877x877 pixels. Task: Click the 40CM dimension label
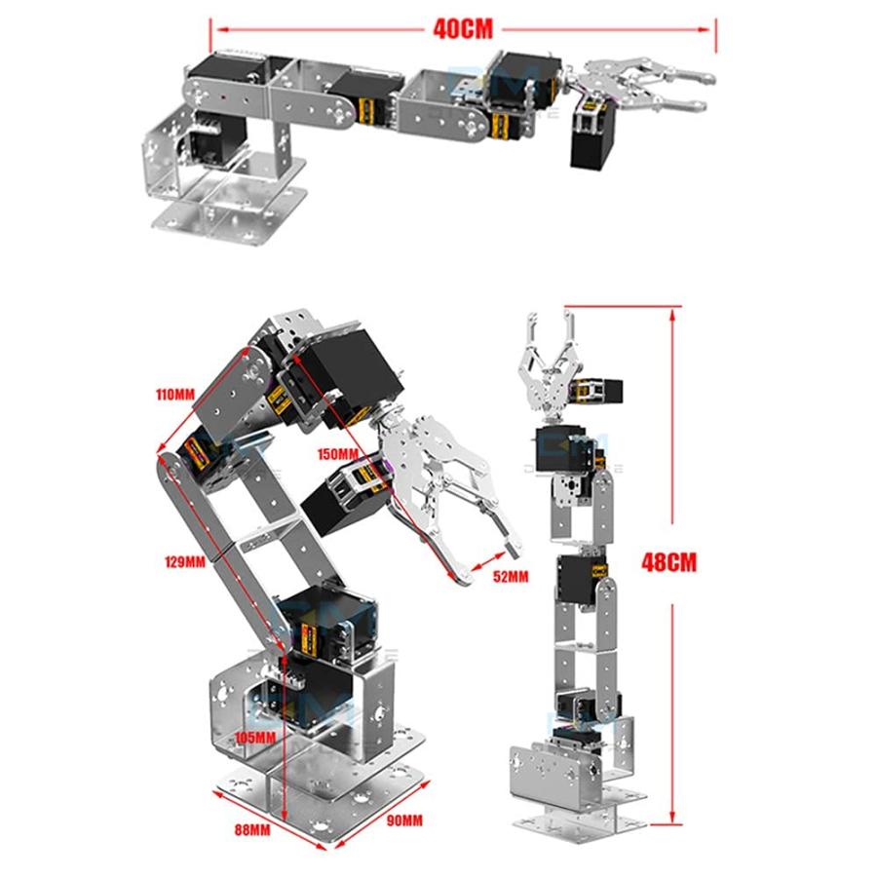pyautogui.click(x=463, y=29)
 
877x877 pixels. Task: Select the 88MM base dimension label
pyautogui.click(x=251, y=830)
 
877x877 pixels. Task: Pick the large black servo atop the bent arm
pyautogui.click(x=346, y=365)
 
